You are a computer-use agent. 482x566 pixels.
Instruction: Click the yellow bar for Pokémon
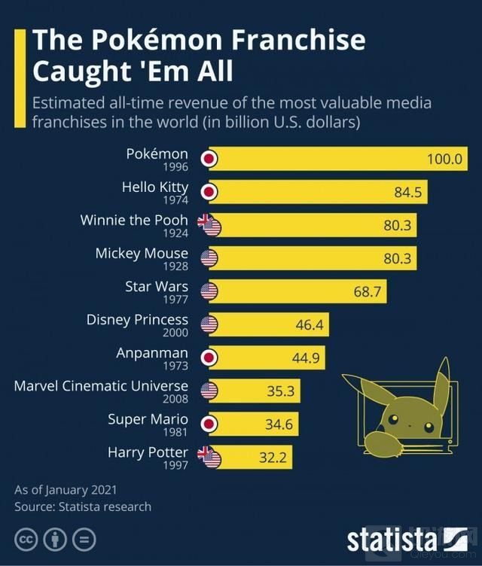[x=339, y=159]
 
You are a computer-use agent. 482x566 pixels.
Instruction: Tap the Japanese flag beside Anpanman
[x=210, y=358]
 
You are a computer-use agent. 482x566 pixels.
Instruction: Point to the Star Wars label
[x=156, y=287]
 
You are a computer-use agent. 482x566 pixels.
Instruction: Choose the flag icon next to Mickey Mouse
[x=209, y=258]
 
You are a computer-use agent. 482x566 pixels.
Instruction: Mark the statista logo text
[x=392, y=539]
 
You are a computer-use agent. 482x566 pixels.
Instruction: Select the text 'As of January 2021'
[x=66, y=490]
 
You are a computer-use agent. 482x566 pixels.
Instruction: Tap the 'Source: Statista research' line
[x=83, y=507]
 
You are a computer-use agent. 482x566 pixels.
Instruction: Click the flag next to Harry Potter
[x=209, y=457]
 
